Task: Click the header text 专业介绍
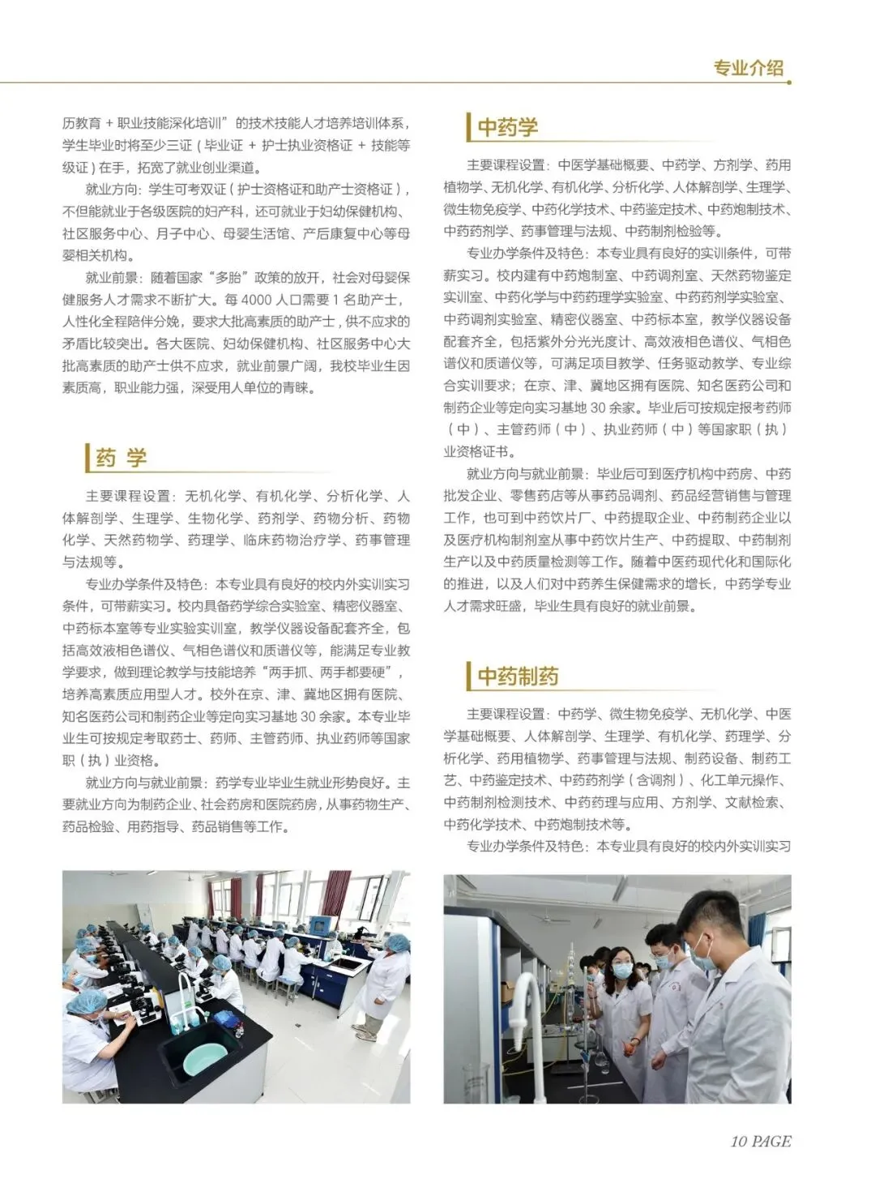748,68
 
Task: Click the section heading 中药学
507,127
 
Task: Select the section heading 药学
121,458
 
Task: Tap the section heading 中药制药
518,676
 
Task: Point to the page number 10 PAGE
760,1141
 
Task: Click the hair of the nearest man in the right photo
711,907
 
